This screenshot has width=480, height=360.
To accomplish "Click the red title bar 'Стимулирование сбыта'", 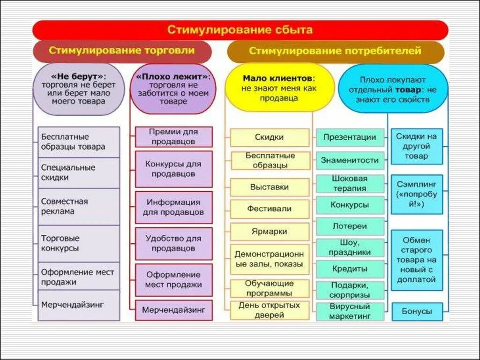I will pos(240,30).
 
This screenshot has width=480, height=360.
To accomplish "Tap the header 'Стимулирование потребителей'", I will pos(335,51).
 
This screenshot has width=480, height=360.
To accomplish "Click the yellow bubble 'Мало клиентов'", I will pos(279,88).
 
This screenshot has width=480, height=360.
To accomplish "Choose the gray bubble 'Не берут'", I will pos(78,89).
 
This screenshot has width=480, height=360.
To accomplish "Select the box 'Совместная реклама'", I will pos(78,206).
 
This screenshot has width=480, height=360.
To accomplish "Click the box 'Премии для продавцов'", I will pos(173,137).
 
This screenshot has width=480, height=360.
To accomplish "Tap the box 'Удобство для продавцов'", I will pos(173,243).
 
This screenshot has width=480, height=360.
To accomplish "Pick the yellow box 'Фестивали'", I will pos(270,209).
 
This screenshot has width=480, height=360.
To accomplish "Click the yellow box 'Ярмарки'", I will pos(270,232).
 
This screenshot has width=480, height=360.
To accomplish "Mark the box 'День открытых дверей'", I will pos(270,310).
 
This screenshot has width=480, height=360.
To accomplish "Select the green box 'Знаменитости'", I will pos(350,160).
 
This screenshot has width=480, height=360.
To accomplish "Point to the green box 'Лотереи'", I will pos(350,226).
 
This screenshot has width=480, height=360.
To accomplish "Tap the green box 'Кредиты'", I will pos(350,269).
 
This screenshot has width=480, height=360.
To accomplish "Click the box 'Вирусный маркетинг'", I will pos(350,312).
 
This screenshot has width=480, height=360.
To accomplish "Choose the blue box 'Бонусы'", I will pos(417,311).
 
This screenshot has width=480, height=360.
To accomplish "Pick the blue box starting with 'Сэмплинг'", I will pos(417,195).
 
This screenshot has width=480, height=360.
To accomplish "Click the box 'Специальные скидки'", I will pos(78,172).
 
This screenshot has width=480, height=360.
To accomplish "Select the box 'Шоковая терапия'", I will pos(350,183).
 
